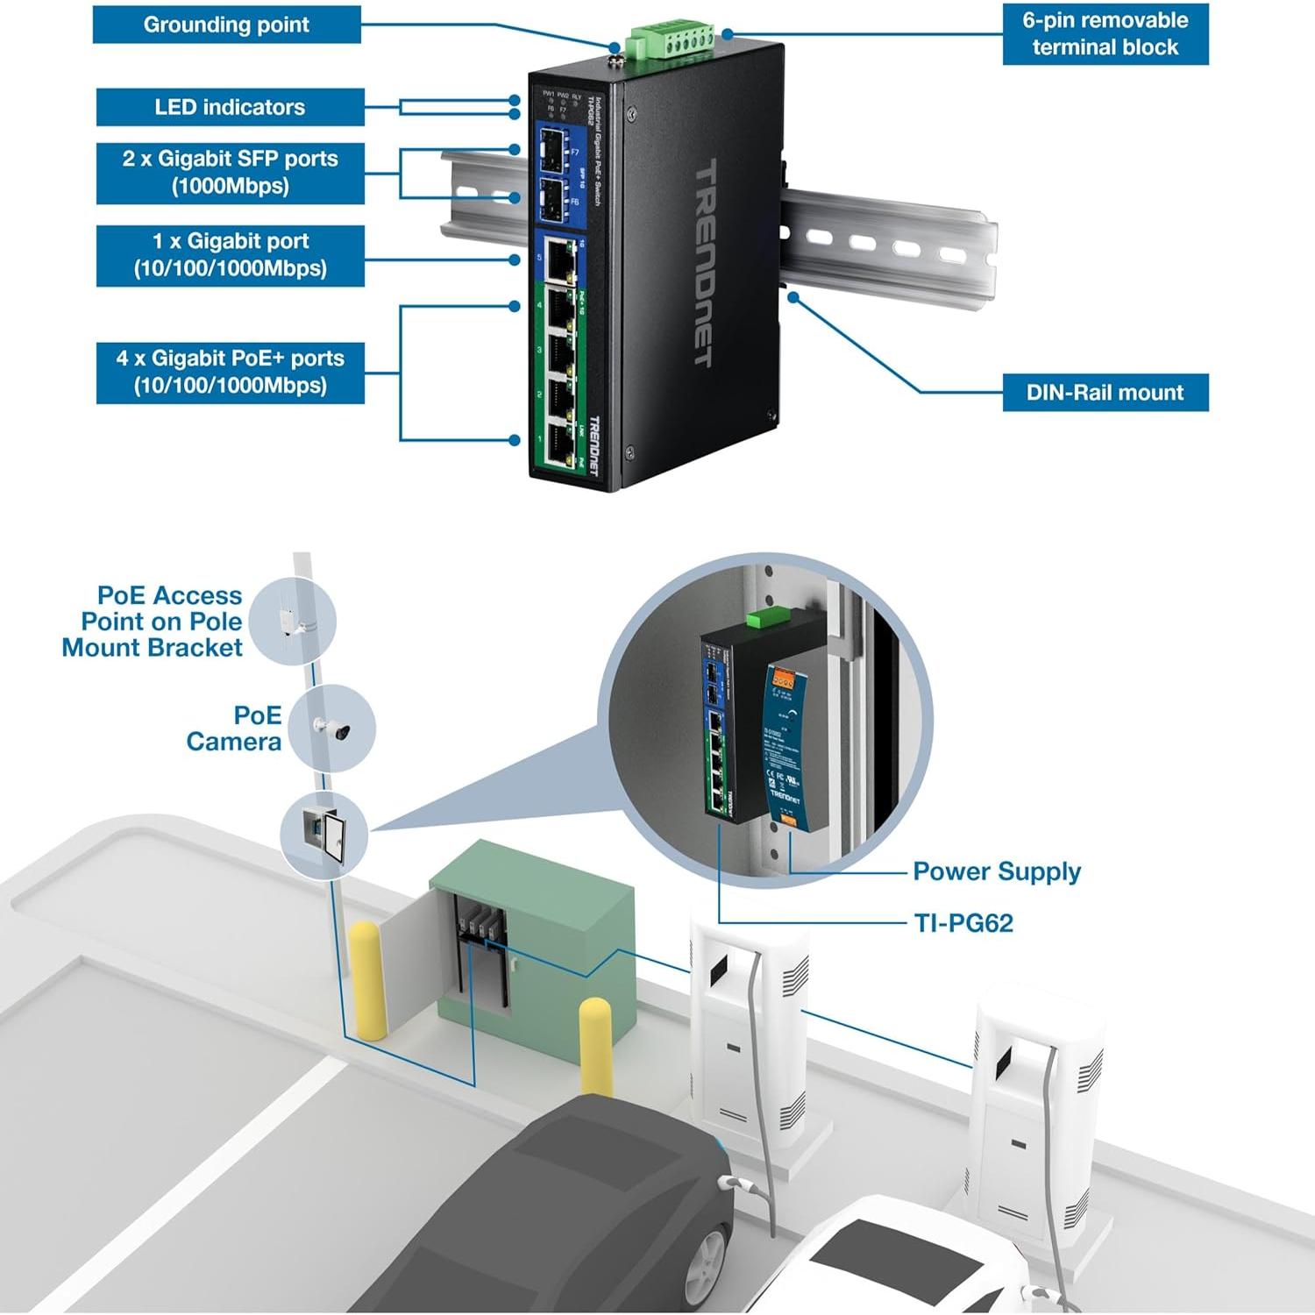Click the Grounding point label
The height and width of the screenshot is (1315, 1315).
click(226, 25)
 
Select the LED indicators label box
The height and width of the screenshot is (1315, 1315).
click(230, 107)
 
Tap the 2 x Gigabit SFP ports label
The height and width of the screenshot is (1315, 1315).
click(230, 173)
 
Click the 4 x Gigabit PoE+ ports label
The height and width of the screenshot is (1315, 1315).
click(230, 372)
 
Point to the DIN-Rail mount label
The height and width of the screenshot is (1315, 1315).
click(1105, 393)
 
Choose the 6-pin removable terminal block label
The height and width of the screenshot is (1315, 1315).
click(1105, 34)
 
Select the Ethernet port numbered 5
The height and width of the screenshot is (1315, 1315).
click(559, 258)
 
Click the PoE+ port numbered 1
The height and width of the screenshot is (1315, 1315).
click(559, 447)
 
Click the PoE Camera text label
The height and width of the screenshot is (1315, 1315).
click(234, 729)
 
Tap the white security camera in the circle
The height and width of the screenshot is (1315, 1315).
click(333, 728)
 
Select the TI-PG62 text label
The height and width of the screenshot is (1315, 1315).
click(963, 923)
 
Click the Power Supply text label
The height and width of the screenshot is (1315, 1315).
click(997, 871)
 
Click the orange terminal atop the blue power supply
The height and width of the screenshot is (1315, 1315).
click(782, 679)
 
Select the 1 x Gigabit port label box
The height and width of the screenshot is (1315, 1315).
click(230, 255)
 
